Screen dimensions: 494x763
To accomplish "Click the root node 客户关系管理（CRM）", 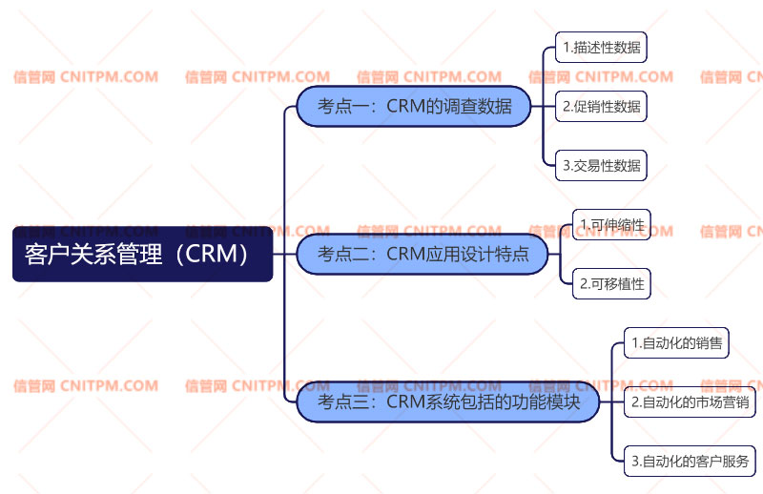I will point(142,254).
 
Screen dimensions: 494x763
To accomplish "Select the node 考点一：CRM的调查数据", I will point(414,106).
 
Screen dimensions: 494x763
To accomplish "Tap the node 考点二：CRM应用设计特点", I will point(425,254).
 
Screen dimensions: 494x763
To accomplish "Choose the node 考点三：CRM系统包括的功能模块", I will point(448,401).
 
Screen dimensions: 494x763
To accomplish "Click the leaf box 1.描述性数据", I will point(601,47).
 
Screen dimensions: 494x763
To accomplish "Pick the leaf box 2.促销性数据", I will point(601,106).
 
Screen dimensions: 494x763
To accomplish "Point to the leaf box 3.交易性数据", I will point(601,165).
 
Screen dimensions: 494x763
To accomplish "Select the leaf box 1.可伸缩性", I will point(611,224).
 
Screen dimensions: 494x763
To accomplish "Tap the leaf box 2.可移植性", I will point(611,283).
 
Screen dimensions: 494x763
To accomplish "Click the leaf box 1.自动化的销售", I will point(676,342).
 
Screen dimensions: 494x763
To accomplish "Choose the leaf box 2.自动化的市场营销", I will point(690,401).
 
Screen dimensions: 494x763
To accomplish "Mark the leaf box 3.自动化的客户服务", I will point(690,462).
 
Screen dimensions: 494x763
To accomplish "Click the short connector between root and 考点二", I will point(284,254).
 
